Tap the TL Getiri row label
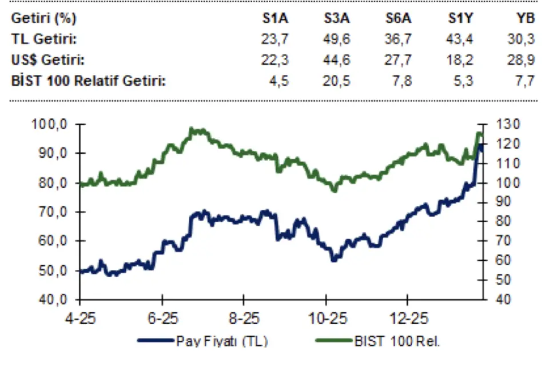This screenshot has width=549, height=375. coord(45,39)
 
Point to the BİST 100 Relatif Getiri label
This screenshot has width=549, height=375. coord(89,81)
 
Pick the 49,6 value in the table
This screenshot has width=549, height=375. coord(337,39)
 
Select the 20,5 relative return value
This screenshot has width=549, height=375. coord(337,81)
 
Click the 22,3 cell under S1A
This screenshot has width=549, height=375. coord(276,59)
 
